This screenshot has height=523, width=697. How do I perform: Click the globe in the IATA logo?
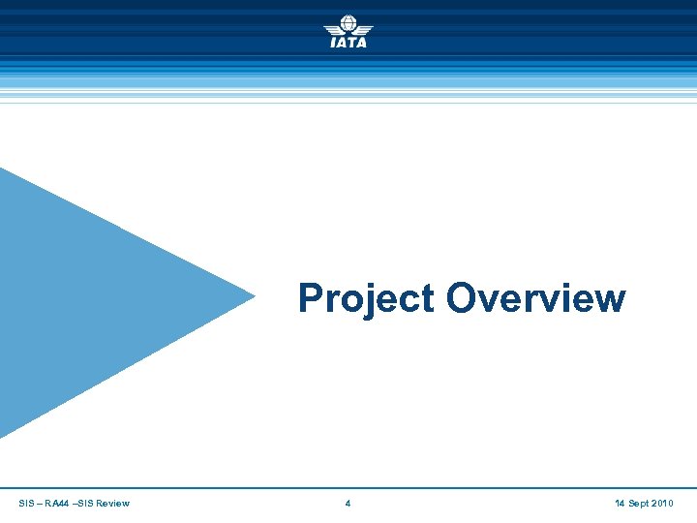pyautogui.click(x=348, y=24)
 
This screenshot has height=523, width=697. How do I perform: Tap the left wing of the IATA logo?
pyautogui.click(x=332, y=29)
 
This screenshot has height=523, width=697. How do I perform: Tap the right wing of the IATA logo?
pyautogui.click(x=364, y=29)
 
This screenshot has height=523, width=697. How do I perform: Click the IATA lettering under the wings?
pyautogui.click(x=348, y=43)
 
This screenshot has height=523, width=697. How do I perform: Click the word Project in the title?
pyautogui.click(x=367, y=298)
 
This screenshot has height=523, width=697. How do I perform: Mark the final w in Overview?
pyautogui.click(x=609, y=301)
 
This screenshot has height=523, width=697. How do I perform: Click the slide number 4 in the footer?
pyautogui.click(x=348, y=504)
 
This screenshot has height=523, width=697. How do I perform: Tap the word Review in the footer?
pyautogui.click(x=112, y=504)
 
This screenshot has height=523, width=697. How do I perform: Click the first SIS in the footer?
pyautogui.click(x=26, y=504)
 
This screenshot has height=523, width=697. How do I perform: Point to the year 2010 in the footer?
pyautogui.click(x=662, y=504)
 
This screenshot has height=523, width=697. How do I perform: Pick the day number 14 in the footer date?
pyautogui.click(x=620, y=504)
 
